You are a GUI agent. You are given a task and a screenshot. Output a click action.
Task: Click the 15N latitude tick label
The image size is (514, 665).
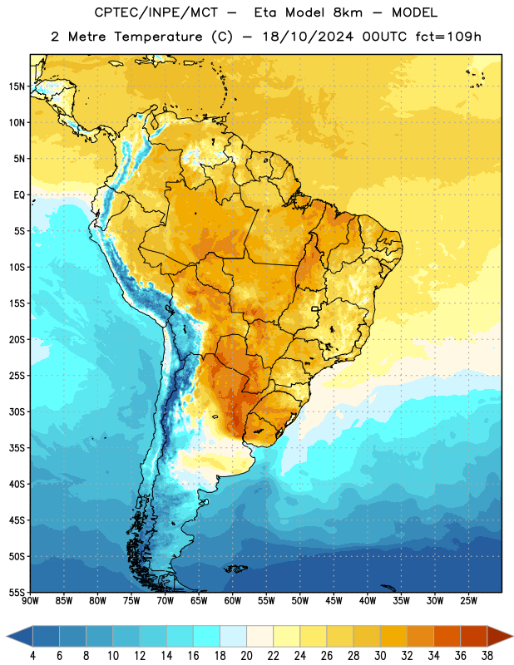click(x=17, y=86)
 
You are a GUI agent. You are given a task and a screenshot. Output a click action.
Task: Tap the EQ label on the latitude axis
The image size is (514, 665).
click(x=19, y=195)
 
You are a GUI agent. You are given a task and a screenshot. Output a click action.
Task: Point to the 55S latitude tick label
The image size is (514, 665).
click(x=17, y=592)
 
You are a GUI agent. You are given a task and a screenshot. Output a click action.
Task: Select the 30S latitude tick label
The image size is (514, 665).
click(x=17, y=411)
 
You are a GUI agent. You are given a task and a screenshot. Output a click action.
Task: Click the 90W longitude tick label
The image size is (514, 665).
click(x=30, y=601)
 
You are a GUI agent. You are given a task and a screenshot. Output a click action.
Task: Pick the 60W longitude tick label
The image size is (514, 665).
click(x=233, y=601)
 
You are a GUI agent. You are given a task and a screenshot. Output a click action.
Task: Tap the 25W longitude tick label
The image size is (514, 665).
click(x=468, y=601)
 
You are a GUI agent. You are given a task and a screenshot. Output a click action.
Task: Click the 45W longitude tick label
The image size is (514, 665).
click(x=334, y=601)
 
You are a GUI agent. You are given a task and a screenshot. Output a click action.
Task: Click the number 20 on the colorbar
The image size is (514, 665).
click(x=246, y=656)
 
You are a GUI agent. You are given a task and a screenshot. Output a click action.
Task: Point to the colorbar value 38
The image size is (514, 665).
click(x=487, y=656)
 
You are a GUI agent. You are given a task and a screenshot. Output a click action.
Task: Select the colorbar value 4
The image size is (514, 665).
click(x=32, y=656)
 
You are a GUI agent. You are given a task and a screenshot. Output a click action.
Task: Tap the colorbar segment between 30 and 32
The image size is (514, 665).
click(x=393, y=636)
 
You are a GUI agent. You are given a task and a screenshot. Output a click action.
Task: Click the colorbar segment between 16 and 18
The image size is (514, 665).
click(x=206, y=636)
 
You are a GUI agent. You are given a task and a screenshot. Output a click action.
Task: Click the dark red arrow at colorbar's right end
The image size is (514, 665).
click(x=500, y=636)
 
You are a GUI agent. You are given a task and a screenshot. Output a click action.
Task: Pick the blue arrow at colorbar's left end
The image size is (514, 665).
click(x=19, y=636)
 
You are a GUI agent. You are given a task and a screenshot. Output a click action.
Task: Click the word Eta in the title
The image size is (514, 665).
click(x=265, y=12)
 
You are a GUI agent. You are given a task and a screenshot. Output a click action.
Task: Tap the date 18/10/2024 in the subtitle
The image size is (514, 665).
click(x=308, y=37)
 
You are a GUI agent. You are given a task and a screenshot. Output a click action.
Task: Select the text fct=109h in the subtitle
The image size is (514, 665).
click(x=448, y=37)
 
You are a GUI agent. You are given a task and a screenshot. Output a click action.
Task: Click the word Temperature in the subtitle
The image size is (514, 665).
click(x=158, y=37)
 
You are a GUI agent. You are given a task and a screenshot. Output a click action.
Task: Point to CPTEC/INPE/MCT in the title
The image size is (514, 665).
click(x=156, y=12)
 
